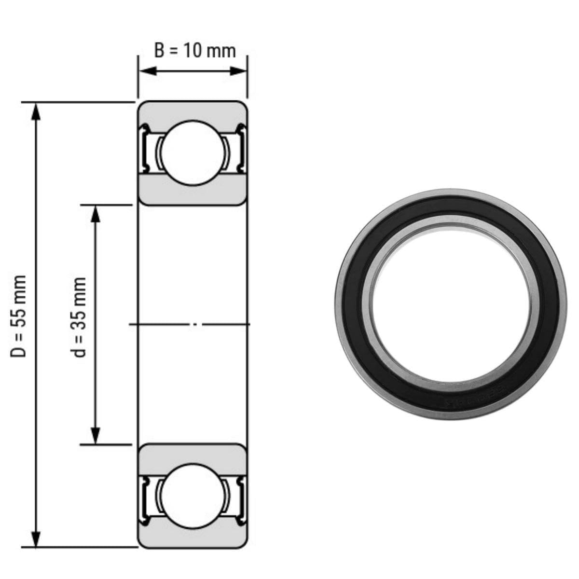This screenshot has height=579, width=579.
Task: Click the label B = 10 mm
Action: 194,50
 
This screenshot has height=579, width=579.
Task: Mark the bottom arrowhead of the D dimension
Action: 35,539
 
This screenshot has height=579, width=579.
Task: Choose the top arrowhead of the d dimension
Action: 96,213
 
